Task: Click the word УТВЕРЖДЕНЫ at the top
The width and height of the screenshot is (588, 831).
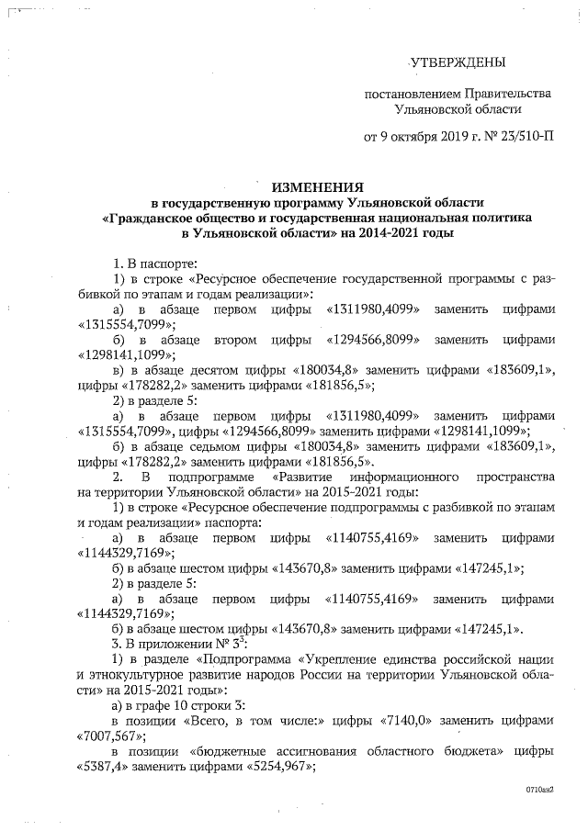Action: (x=457, y=63)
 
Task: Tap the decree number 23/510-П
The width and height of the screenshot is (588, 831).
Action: (x=526, y=139)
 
